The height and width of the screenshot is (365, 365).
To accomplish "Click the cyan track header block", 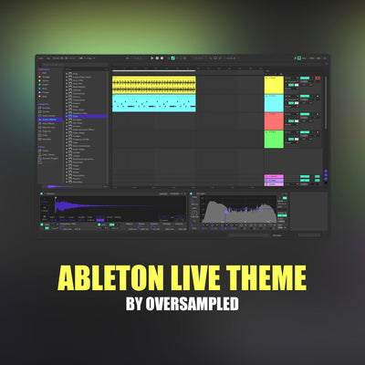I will click(x=274, y=102).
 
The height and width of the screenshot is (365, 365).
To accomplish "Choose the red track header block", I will click(x=274, y=120).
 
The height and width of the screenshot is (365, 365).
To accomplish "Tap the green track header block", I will click(x=274, y=139).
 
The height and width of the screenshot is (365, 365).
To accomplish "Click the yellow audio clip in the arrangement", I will click(x=153, y=84).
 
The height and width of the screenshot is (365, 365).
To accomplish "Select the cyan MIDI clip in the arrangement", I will click(x=153, y=102).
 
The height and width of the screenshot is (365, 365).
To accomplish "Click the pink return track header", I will click(x=274, y=175).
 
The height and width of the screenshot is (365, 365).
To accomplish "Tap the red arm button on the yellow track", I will click(x=318, y=79).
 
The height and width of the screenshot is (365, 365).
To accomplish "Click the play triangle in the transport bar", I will click(x=152, y=58).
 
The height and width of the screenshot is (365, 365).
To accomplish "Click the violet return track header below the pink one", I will click(x=274, y=180).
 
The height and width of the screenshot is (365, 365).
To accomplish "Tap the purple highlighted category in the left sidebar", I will click(x=48, y=120).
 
